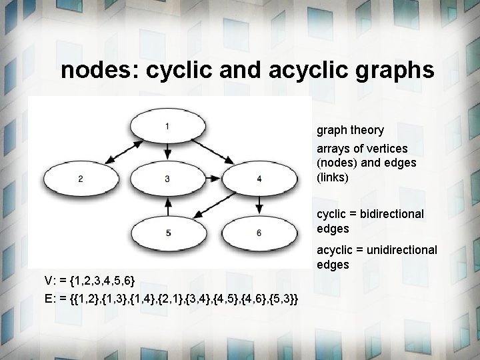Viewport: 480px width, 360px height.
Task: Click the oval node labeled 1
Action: [167, 126]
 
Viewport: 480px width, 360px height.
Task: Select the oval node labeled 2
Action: [80, 179]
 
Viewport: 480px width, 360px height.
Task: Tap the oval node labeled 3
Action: [167, 179]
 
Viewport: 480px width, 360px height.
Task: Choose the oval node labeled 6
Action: [258, 233]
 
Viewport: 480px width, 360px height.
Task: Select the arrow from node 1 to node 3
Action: [167, 152]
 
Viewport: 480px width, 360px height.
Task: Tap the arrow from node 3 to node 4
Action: [212, 179]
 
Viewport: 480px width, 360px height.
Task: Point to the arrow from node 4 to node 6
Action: [258, 205]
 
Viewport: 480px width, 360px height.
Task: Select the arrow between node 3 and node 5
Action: [167, 206]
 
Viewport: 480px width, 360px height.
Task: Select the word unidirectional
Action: [401, 249]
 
